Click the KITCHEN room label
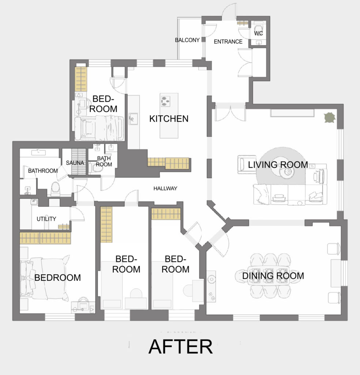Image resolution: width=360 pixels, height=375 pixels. tap(169, 119)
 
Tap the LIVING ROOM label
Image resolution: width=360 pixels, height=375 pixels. tap(278, 164)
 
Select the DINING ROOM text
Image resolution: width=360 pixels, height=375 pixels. tap(273, 276)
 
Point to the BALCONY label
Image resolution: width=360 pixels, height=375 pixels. tap(187, 40)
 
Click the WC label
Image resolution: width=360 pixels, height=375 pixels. tap(258, 33)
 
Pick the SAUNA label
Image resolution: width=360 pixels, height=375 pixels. tap(75, 163)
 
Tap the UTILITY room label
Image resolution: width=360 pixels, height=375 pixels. tap(46, 219)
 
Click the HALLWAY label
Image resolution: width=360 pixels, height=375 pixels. tap(165, 189)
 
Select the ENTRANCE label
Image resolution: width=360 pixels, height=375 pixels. tap(228, 42)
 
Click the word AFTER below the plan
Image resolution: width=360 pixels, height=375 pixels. tap(181, 346)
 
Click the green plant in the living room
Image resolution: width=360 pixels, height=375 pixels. tap(330, 118)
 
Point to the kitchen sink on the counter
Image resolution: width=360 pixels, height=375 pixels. tap(133, 119)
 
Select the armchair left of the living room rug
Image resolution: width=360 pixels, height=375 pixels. tap(244, 164)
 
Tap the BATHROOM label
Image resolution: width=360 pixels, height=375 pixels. tap(43, 171)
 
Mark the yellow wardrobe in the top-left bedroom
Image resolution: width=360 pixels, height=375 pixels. tap(81, 79)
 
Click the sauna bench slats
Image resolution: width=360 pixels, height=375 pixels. tap(79, 161)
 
